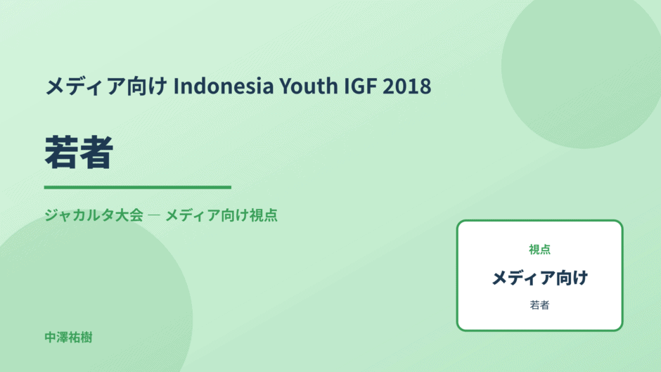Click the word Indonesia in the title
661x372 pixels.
click(x=224, y=86)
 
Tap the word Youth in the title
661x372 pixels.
click(x=309, y=86)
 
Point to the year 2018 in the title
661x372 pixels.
click(x=407, y=86)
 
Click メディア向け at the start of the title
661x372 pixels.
click(x=106, y=86)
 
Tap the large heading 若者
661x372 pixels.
click(x=79, y=152)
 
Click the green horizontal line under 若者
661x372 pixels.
click(x=137, y=187)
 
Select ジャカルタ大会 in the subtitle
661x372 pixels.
click(x=94, y=215)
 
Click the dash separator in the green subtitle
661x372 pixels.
click(x=154, y=215)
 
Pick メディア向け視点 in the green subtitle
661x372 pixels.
click(x=222, y=215)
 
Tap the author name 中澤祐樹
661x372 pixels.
click(x=68, y=338)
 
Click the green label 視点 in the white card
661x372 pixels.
click(x=539, y=250)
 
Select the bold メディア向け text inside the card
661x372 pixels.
click(x=539, y=278)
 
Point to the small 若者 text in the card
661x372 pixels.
click(x=539, y=305)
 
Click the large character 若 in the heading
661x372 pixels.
click(x=62, y=152)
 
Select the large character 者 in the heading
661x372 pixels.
click(x=96, y=152)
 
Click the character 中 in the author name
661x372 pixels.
click(x=50, y=338)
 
